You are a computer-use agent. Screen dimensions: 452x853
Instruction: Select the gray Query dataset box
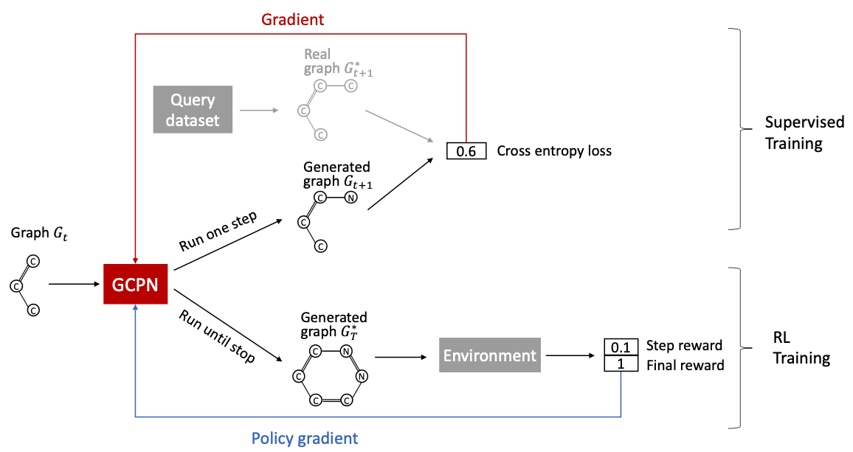click(193, 110)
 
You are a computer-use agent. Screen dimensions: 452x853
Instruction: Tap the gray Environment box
click(489, 355)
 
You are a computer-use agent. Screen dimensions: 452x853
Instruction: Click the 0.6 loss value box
click(466, 151)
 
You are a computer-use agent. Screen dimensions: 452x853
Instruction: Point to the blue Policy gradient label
click(305, 438)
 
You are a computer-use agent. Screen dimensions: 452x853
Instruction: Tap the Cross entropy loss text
click(554, 151)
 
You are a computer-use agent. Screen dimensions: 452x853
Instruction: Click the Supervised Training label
click(793, 133)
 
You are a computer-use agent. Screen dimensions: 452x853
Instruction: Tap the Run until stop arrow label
click(217, 336)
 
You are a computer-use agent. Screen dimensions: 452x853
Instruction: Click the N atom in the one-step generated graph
click(351, 198)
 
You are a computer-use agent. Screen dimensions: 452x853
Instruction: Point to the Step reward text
click(683, 345)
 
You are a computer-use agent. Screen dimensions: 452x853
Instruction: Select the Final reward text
click(685, 364)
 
